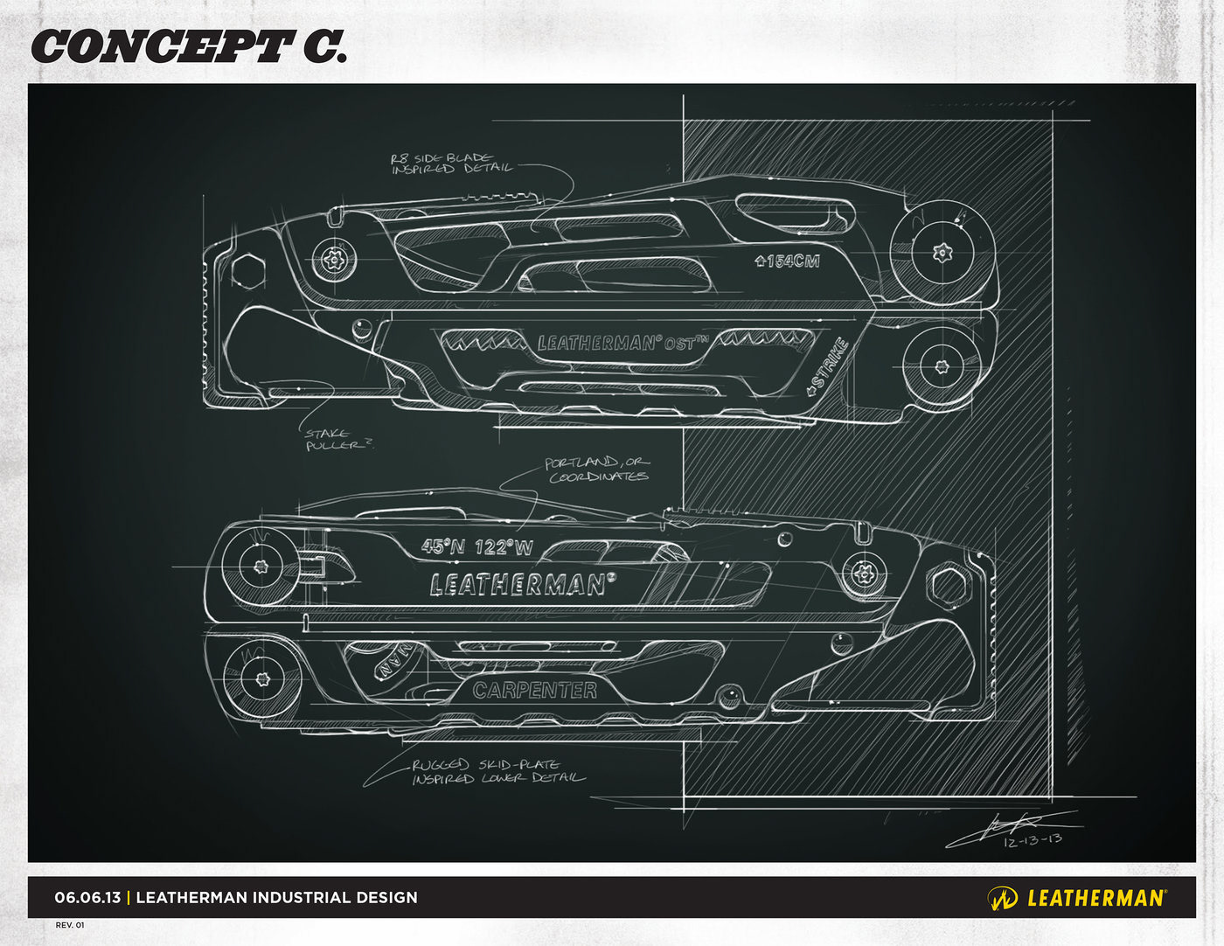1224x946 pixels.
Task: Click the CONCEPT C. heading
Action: click(x=188, y=47)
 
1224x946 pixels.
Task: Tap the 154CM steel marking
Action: click(x=788, y=260)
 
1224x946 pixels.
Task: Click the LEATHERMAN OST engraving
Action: click(x=617, y=343)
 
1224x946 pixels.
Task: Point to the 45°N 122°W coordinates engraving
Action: click(x=476, y=547)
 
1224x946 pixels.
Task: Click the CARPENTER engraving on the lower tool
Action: click(x=535, y=690)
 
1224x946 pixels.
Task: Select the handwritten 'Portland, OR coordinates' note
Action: click(x=598, y=470)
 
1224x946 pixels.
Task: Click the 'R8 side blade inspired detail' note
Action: click(x=450, y=163)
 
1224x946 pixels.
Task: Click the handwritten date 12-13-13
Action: click(x=1033, y=839)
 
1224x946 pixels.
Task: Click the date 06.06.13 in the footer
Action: click(x=87, y=897)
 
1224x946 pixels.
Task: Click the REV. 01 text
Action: click(x=70, y=925)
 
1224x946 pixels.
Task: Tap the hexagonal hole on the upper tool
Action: click(x=247, y=270)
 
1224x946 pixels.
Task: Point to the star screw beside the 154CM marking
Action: click(x=942, y=254)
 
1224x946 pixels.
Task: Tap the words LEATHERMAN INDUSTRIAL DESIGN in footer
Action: click(x=277, y=897)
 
